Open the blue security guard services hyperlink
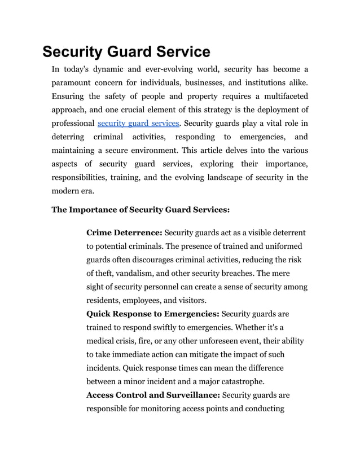(x=139, y=123)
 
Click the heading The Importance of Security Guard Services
(x=141, y=210)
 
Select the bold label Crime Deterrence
(x=124, y=232)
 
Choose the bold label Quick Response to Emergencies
(x=152, y=314)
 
